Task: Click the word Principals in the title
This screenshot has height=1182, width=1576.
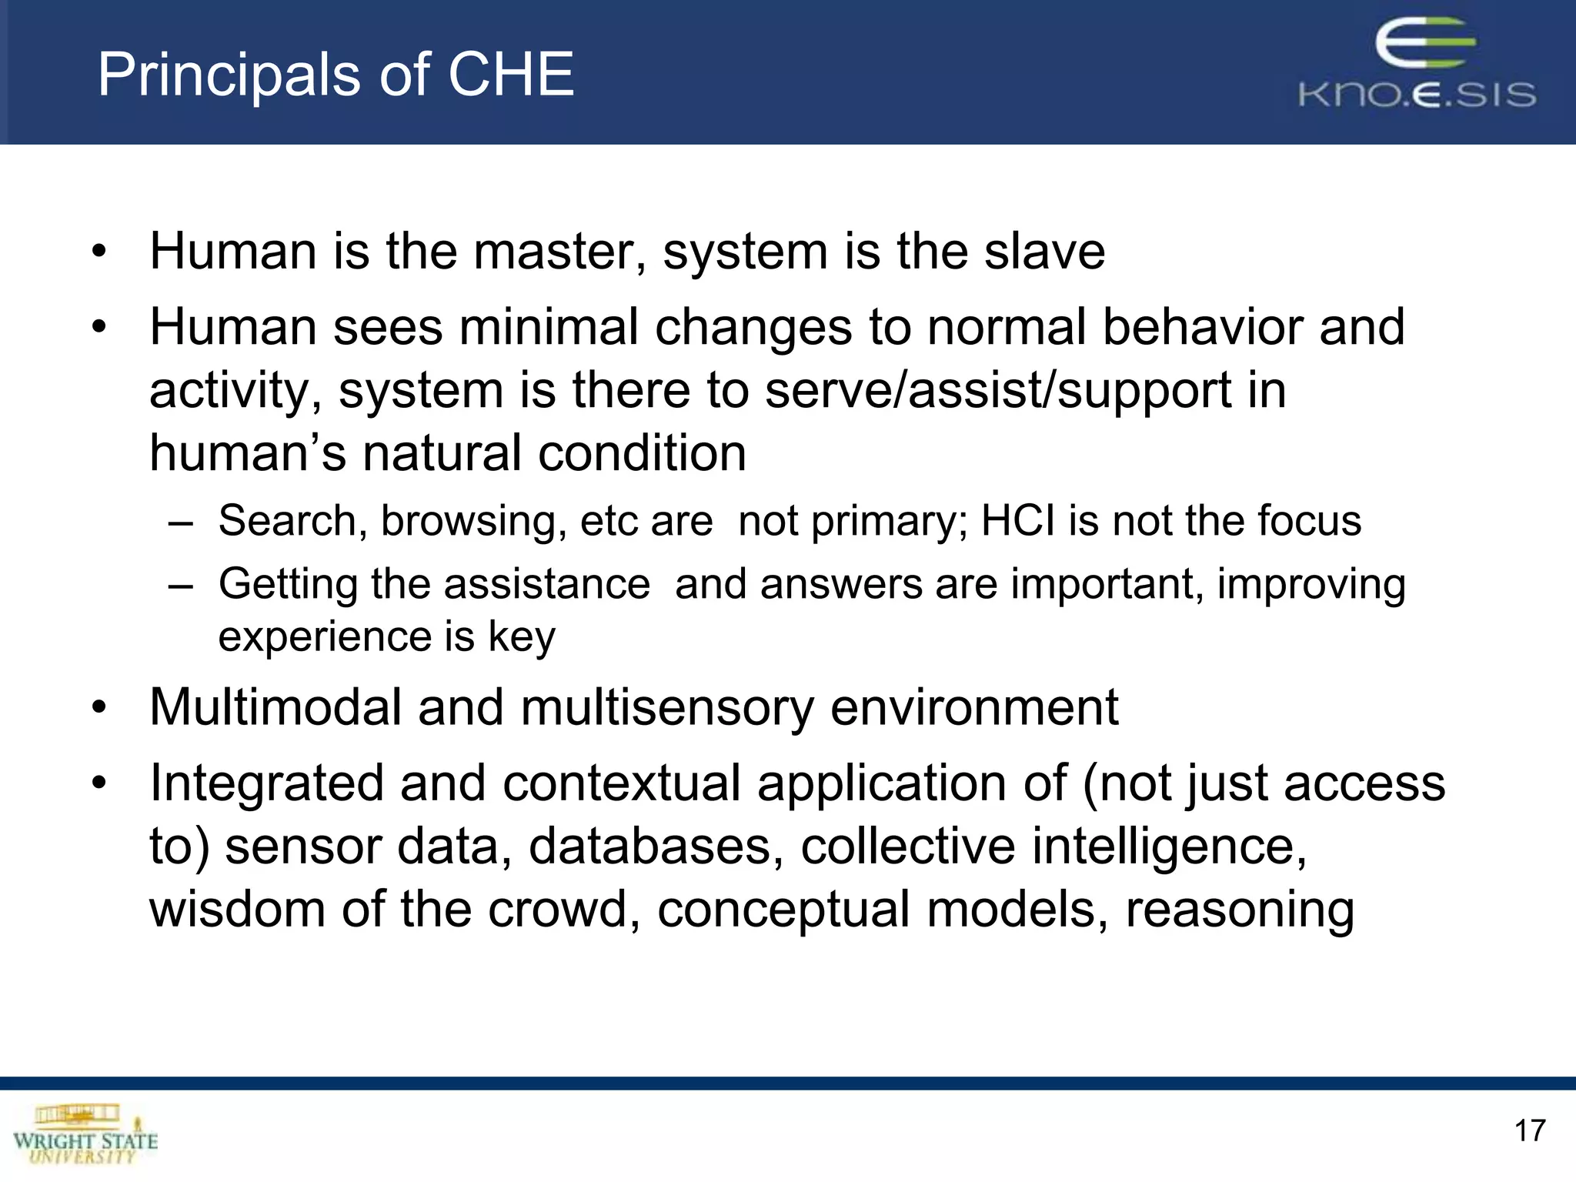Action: point(229,75)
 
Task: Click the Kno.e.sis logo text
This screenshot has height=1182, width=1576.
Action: point(1417,95)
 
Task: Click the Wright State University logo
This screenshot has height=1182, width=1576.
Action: point(85,1134)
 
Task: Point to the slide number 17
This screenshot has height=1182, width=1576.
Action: point(1529,1130)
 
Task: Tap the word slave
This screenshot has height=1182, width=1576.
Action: point(1044,252)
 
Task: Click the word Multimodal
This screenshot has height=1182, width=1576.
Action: point(275,706)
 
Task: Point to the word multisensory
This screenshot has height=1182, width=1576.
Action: point(666,708)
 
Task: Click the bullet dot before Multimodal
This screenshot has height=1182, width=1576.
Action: point(98,708)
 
